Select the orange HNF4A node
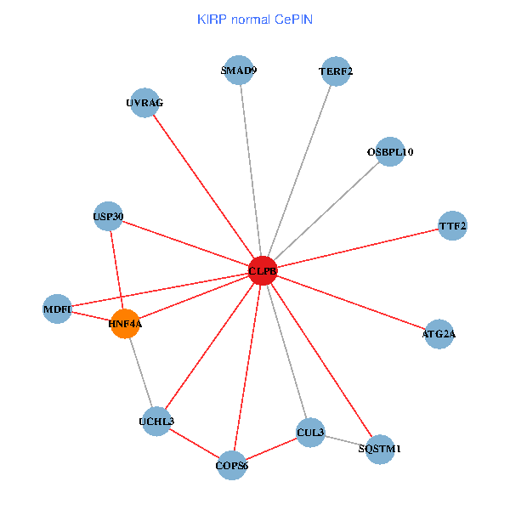click(x=125, y=324)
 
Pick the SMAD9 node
click(x=239, y=71)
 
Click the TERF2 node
click(x=336, y=71)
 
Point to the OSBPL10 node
click(x=389, y=151)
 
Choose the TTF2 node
click(x=452, y=226)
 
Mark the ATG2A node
click(x=439, y=334)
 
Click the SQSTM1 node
click(x=380, y=449)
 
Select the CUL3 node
click(x=310, y=433)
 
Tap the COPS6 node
click(x=232, y=465)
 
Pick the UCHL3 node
click(x=156, y=422)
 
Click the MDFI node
click(x=57, y=309)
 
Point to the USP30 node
click(x=108, y=217)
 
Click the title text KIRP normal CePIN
click(x=254, y=19)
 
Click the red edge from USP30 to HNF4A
click(x=116, y=270)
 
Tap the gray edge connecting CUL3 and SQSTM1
click(x=345, y=440)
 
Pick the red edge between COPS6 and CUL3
click(x=271, y=449)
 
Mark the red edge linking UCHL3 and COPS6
click(x=194, y=443)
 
